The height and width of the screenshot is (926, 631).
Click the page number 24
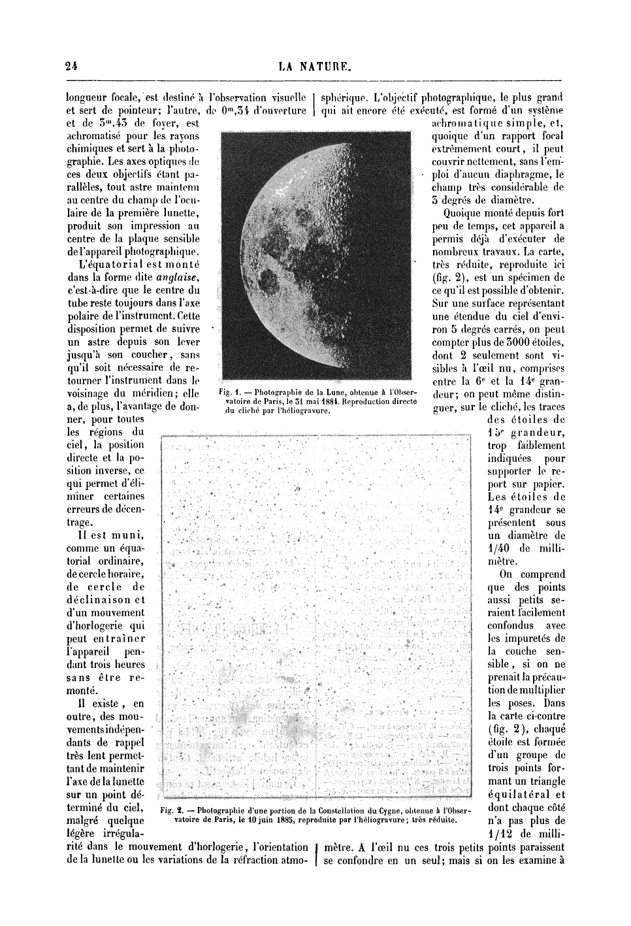(72, 65)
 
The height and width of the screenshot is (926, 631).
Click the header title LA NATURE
(315, 65)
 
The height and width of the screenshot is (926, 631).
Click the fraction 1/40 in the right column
(498, 548)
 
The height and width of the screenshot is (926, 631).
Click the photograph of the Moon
(316, 255)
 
